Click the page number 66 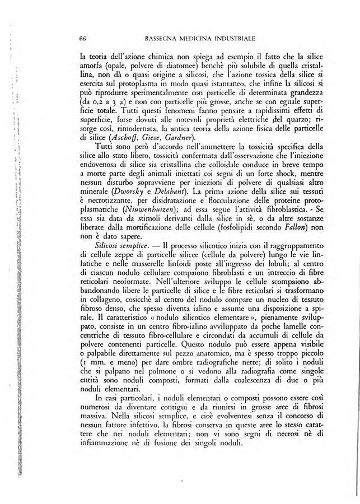click(82, 39)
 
